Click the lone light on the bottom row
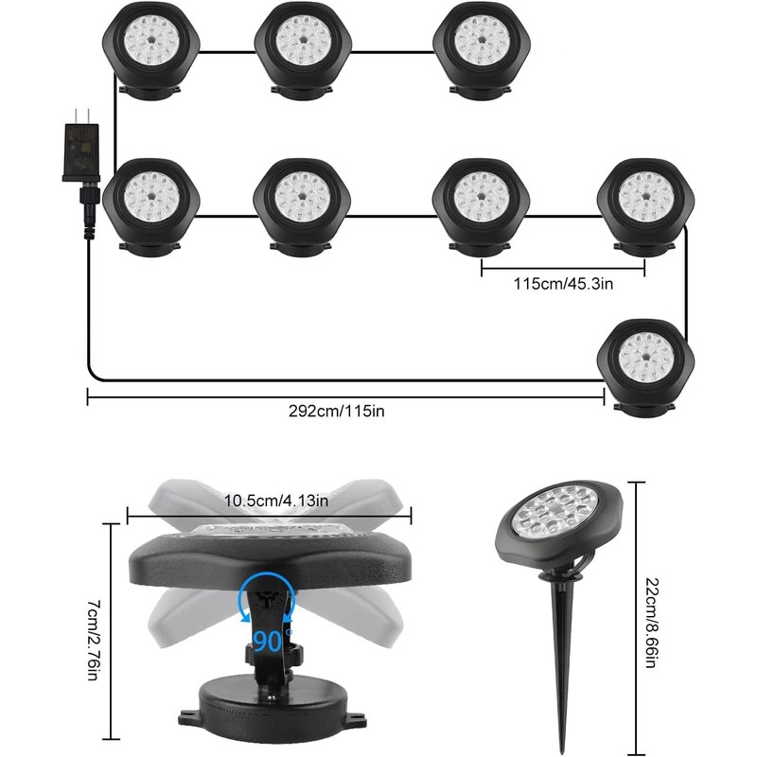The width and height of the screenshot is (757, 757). [x=647, y=360]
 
